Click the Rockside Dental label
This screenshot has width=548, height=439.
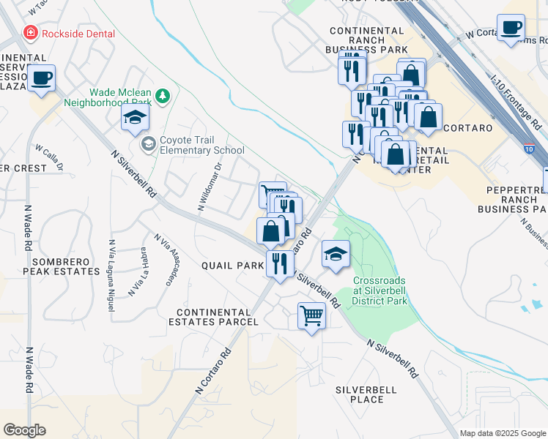coord(78,32)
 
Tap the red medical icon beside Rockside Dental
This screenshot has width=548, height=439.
coord(30,32)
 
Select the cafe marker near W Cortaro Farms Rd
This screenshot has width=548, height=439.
coord(511,28)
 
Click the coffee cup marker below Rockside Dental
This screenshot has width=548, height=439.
coord(42,77)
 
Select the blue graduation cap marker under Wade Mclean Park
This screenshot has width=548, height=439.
coord(135,119)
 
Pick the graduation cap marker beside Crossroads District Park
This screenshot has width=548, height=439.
coord(336,255)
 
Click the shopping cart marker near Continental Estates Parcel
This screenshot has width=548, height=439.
coord(311,316)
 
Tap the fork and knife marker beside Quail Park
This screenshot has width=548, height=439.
coord(279,263)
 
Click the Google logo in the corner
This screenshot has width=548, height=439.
coord(24,430)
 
